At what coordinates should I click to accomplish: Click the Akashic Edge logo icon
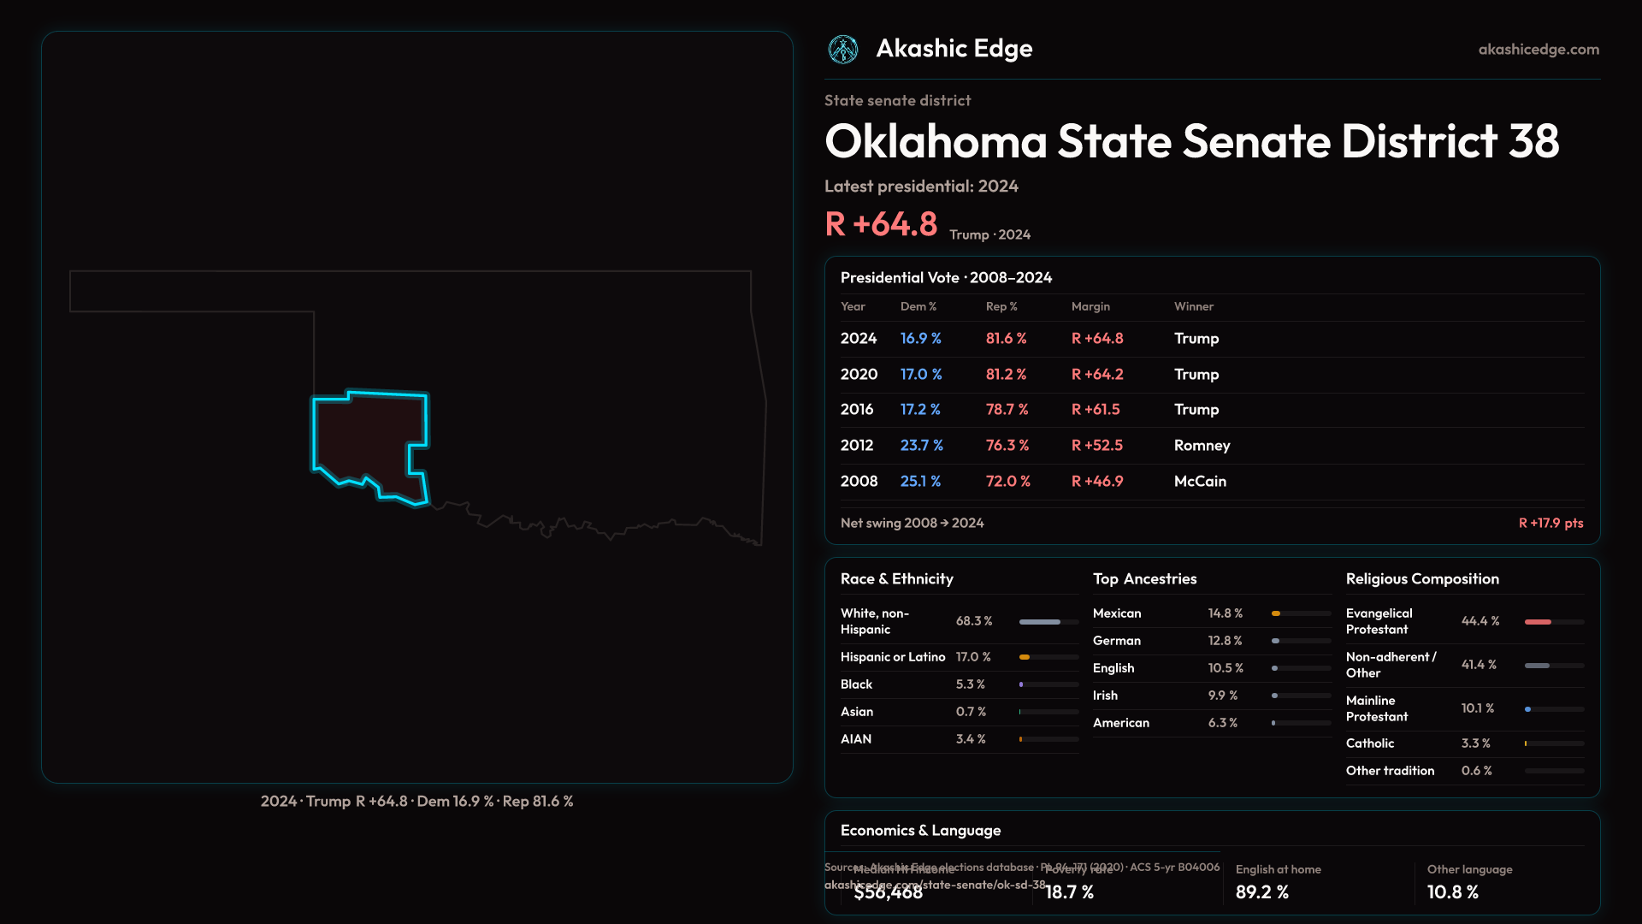pos(843,50)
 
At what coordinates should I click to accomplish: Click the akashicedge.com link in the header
pos(1539,50)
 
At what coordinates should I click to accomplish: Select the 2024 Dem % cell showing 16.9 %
pos(920,339)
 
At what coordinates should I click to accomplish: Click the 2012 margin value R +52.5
pos(1096,446)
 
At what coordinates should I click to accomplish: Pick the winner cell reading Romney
pos(1202,446)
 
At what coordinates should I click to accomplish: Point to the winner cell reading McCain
pos(1200,482)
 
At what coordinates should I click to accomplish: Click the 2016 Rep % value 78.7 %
pos(1007,410)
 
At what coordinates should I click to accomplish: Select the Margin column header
pos(1090,306)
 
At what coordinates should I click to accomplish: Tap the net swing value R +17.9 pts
pos(1550,523)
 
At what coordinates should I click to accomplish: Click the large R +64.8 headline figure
pos(881,224)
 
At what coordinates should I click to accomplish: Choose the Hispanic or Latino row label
pos(893,657)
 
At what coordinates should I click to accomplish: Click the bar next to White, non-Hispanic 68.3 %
pos(1048,622)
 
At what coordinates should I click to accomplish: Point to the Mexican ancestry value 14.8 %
pos(1225,613)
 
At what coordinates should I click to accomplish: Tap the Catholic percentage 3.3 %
pos(1475,743)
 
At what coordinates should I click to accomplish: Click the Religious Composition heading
pos(1421,579)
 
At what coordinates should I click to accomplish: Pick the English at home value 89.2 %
pos(1261,892)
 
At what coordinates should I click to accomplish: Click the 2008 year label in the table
pos(859,482)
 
